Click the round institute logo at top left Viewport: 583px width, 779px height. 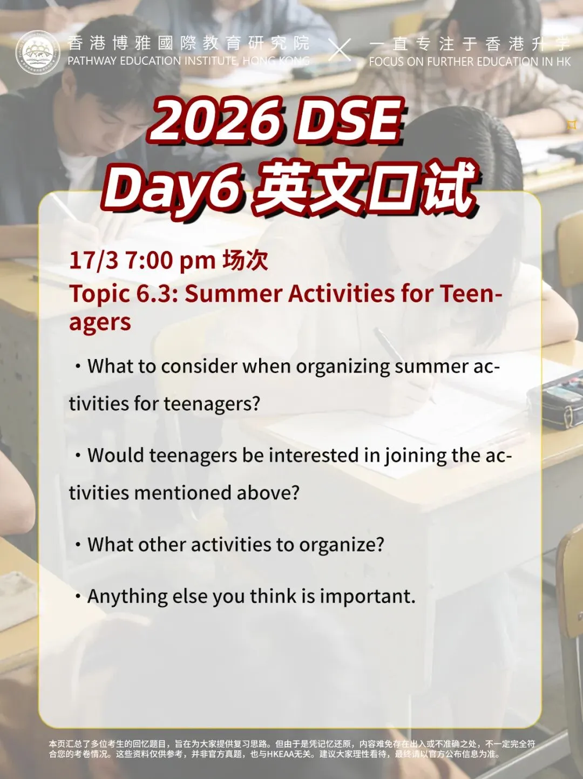pos(37,53)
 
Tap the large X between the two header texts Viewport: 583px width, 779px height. pos(340,50)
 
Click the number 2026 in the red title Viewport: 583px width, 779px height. pos(216,120)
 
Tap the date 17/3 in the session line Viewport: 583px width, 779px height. pos(93,260)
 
